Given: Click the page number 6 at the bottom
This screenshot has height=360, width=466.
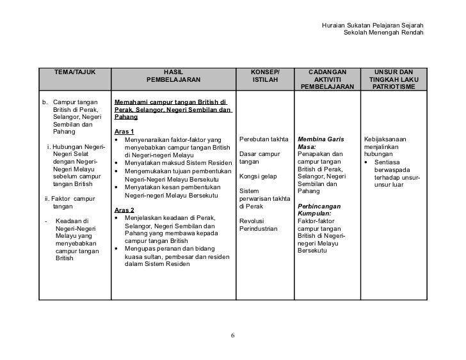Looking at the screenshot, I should (x=233, y=335).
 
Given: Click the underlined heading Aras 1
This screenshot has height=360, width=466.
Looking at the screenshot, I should (x=124, y=130).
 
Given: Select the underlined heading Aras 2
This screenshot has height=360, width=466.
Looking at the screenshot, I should (x=124, y=210).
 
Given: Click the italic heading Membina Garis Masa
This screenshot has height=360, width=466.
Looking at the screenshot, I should (x=321, y=143).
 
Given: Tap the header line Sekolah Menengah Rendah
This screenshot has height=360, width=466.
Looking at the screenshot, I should (x=383, y=33).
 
